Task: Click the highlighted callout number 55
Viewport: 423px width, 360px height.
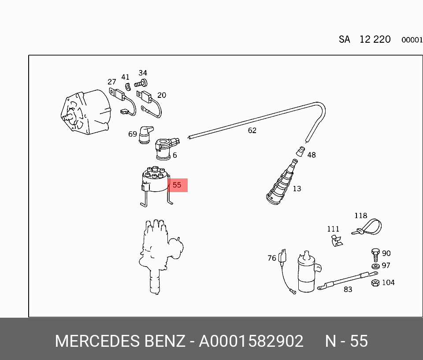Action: (x=177, y=185)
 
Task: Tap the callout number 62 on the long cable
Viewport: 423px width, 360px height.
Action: (x=252, y=130)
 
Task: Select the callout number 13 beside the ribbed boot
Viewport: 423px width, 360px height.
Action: (x=297, y=189)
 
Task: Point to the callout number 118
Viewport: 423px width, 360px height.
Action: (x=361, y=215)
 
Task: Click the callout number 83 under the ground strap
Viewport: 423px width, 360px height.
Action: (x=348, y=289)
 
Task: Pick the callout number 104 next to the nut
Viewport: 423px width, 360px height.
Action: (x=389, y=282)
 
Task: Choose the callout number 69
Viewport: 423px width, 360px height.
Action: (x=133, y=134)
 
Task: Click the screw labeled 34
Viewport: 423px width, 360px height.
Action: (x=141, y=83)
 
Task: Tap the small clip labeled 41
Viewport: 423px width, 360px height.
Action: (x=128, y=87)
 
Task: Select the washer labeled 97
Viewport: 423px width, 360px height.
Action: (x=375, y=266)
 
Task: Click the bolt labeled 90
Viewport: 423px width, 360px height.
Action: (x=375, y=255)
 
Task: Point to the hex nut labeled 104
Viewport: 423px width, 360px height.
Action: (x=375, y=283)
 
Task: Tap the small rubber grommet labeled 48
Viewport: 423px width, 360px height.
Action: (x=301, y=152)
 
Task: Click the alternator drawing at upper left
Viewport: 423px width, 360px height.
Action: (x=86, y=112)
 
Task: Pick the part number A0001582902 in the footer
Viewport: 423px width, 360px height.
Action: (x=251, y=341)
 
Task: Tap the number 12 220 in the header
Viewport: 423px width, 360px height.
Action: (x=375, y=40)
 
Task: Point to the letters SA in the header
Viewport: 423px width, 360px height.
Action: (x=345, y=40)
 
